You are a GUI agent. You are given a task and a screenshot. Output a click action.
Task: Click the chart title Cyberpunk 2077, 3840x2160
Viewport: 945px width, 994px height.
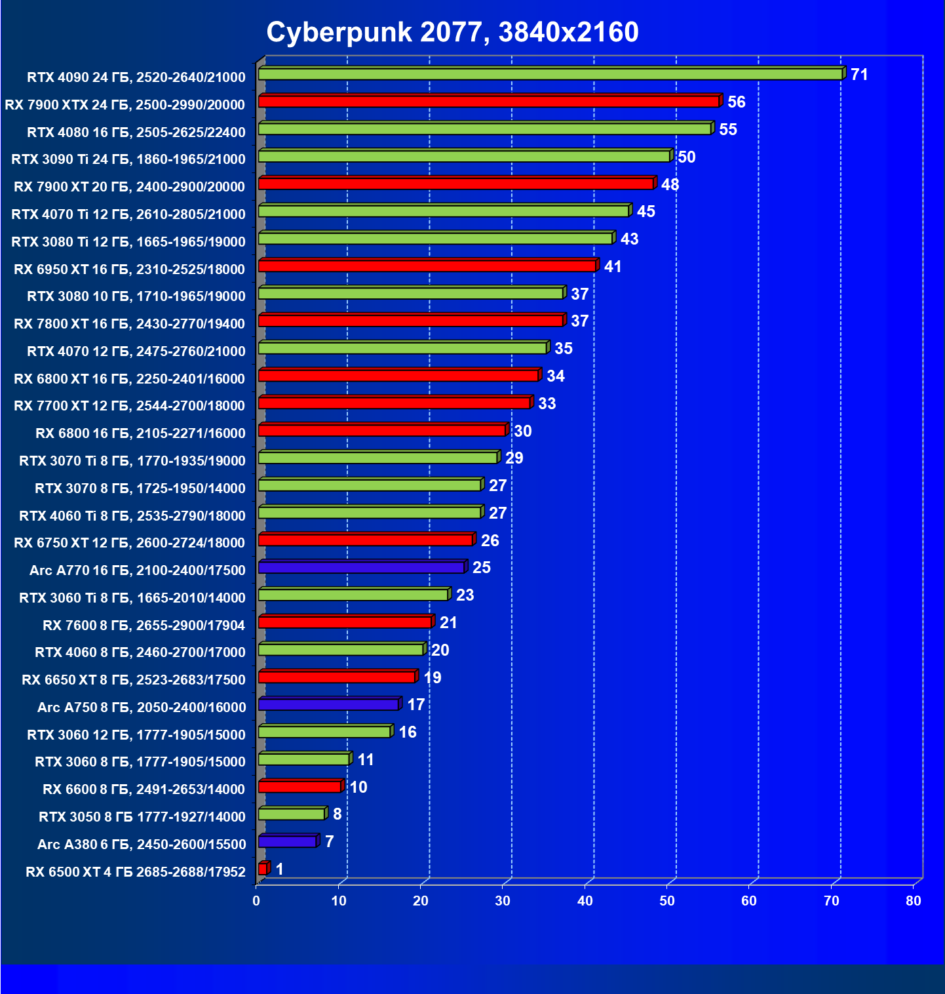tap(452, 32)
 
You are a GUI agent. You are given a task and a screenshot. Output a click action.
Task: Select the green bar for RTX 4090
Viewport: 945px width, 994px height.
tap(550, 74)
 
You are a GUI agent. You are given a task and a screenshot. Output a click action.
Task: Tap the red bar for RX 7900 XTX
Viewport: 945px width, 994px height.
tap(489, 102)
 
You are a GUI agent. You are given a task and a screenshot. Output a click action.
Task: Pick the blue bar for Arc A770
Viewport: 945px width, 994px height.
tap(362, 567)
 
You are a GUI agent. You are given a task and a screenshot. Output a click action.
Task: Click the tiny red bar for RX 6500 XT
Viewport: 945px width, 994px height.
tap(263, 869)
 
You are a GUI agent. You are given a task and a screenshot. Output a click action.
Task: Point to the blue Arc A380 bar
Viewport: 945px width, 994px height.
tap(288, 841)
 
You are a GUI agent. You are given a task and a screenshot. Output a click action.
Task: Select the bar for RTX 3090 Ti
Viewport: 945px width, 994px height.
tap(464, 156)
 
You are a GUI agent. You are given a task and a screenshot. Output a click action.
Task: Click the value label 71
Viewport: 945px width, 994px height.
tap(859, 75)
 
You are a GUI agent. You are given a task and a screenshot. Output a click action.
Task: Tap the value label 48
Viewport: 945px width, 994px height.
tap(670, 184)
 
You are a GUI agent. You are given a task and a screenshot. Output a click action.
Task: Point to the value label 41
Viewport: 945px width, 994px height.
tap(612, 267)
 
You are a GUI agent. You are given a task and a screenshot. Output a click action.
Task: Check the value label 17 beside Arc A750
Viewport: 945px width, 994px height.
tap(415, 705)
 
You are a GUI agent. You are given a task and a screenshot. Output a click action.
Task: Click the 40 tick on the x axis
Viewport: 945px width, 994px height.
tap(585, 901)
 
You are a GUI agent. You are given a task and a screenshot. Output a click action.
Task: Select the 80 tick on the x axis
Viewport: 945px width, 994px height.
tap(914, 901)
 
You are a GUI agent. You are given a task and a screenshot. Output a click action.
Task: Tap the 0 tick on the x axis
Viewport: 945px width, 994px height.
tap(256, 901)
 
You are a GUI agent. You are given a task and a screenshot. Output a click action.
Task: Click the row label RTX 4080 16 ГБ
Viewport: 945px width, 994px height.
tap(136, 132)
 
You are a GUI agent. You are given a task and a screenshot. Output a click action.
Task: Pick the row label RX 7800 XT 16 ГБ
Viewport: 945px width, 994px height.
tap(129, 323)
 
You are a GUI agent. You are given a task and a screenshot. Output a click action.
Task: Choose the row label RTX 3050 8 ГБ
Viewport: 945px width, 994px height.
tap(142, 816)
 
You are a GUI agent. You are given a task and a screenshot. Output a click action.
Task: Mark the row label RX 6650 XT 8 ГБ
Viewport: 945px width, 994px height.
tap(134, 679)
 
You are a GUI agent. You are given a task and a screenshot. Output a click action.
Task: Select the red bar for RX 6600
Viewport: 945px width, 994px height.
tap(300, 786)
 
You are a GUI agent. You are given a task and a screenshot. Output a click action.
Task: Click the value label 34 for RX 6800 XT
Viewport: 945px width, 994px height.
tap(555, 376)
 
